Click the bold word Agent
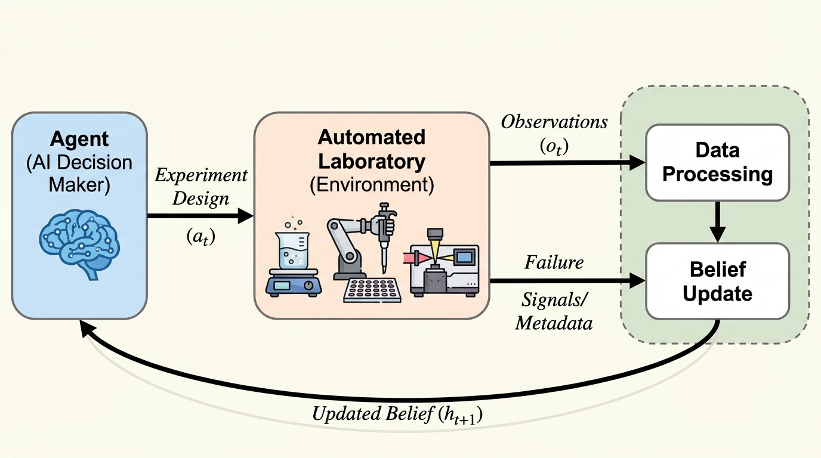[79, 140]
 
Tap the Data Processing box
[718, 162]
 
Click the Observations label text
[554, 122]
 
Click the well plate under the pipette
[370, 290]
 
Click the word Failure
[554, 262]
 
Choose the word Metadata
[554, 323]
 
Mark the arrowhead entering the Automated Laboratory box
[246, 216]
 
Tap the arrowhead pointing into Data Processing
[638, 162]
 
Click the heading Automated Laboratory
[371, 149]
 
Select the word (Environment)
[371, 184]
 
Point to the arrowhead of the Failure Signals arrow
[638, 280]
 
